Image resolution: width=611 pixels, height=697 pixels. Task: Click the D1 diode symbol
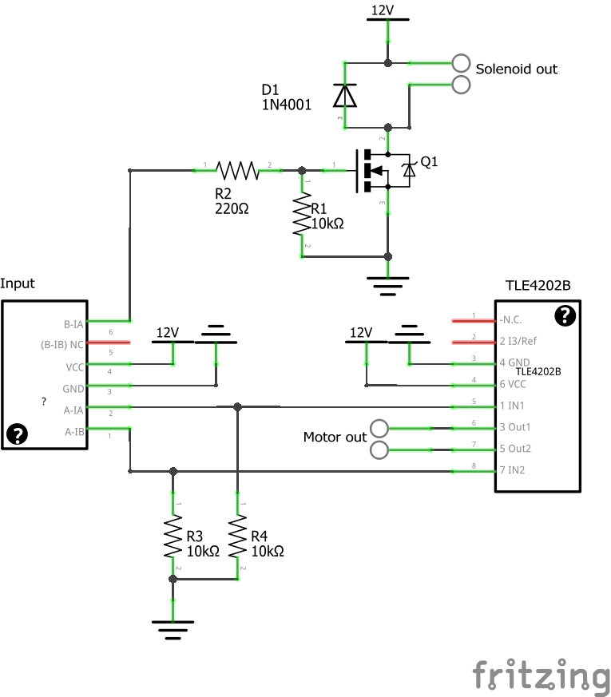(344, 95)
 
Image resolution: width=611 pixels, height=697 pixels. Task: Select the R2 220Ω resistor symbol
(237, 169)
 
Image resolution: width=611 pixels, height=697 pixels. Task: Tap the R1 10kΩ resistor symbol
(301, 214)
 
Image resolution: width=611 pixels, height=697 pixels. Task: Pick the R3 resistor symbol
(173, 538)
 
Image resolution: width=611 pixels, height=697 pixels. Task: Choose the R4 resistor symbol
(237, 538)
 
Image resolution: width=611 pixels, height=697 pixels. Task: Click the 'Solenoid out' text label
(516, 69)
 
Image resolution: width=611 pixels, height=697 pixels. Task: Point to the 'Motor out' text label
(335, 438)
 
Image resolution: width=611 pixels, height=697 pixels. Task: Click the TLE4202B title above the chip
(538, 285)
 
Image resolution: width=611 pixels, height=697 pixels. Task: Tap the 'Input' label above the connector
(18, 283)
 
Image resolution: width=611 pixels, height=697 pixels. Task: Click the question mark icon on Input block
(17, 434)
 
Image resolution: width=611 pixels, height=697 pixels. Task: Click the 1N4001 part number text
(286, 104)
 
